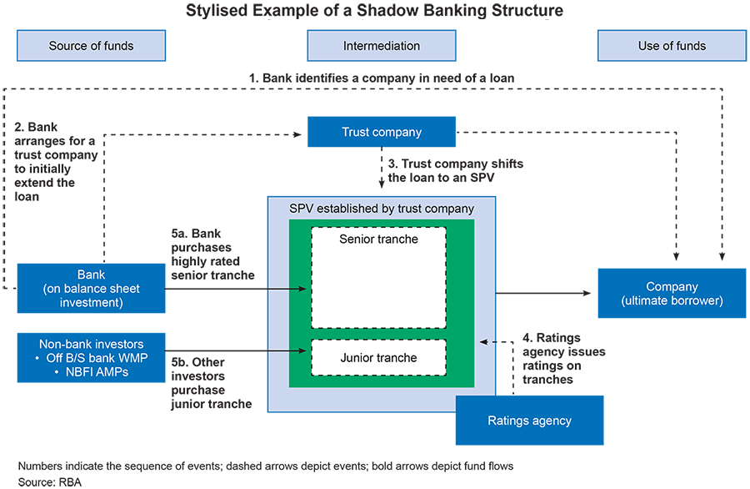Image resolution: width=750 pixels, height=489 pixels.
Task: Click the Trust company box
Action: tap(382, 132)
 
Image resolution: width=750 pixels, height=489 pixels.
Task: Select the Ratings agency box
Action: tap(529, 421)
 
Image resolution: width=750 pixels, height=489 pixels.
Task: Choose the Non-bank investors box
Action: tap(92, 357)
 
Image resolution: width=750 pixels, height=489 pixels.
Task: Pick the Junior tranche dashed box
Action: tap(379, 359)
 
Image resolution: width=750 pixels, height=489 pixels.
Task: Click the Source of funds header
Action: tap(91, 46)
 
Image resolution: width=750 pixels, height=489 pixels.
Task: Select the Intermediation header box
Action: tap(381, 46)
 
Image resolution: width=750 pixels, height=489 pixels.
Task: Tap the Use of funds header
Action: tap(672, 46)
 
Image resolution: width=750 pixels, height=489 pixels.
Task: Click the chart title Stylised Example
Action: tap(374, 12)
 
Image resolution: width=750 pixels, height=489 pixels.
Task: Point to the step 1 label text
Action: tap(382, 78)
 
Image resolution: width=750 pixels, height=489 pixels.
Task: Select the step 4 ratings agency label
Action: tap(563, 359)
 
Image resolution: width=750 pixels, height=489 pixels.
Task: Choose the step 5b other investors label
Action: tap(208, 383)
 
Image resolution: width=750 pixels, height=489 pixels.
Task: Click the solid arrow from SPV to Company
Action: tap(546, 293)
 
